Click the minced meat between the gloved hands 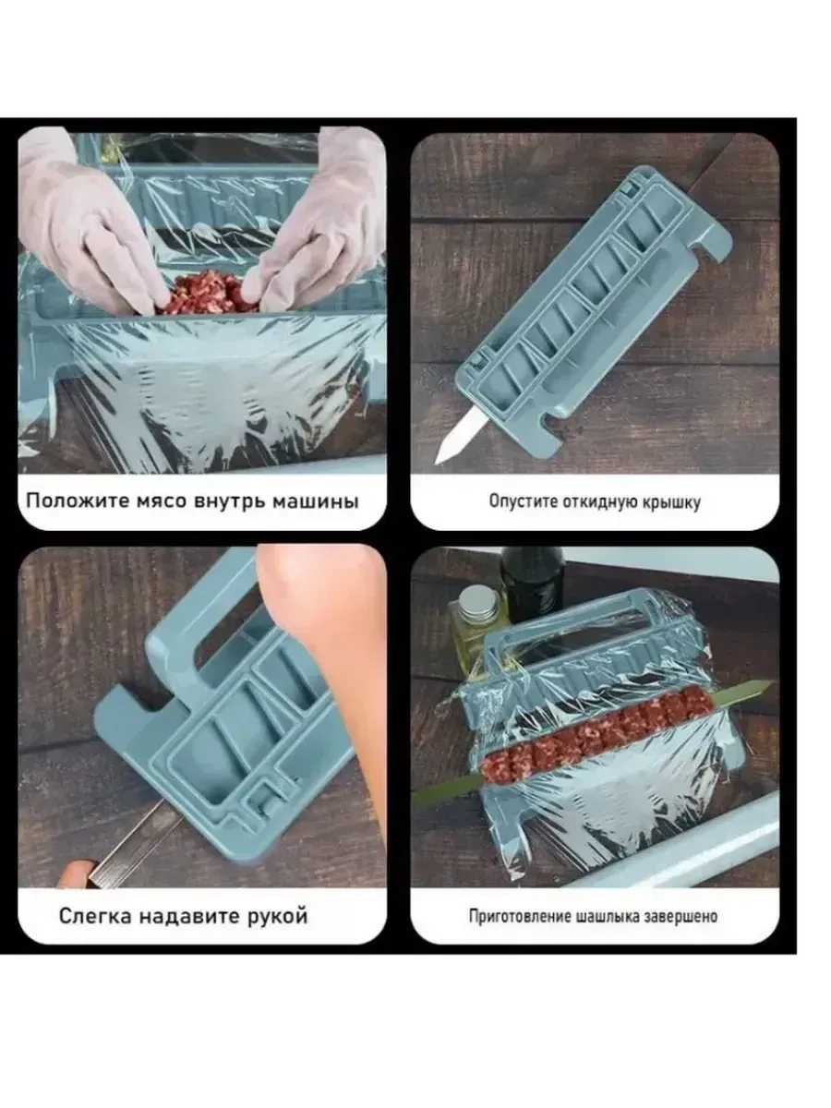click(207, 293)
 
